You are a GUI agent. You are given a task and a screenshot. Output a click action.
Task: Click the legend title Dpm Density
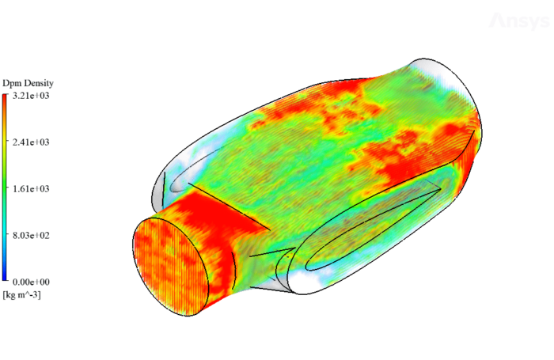point(28,84)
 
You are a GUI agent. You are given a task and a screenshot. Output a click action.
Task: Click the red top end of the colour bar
point(6,99)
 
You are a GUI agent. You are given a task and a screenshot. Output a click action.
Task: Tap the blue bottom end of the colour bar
point(6,277)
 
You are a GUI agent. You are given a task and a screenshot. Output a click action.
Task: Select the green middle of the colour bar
point(6,188)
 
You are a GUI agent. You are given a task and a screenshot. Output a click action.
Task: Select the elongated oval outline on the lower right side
point(372,229)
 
